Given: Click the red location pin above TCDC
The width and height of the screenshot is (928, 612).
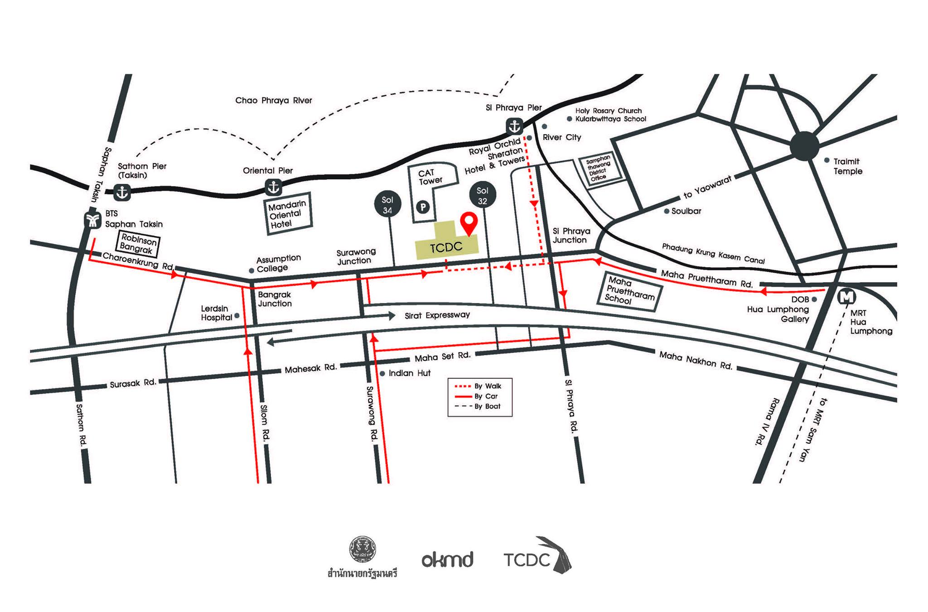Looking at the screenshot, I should [469, 222].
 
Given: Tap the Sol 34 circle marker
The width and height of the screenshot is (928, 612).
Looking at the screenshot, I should [387, 205].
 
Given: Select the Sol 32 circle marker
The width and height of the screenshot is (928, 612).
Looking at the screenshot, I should [483, 196].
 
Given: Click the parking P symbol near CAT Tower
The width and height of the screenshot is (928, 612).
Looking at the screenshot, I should [423, 207].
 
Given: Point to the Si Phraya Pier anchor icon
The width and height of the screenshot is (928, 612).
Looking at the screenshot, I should [514, 126].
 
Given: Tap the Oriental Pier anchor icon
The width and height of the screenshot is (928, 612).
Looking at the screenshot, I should [273, 186].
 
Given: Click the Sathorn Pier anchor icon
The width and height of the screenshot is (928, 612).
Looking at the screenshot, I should [122, 192].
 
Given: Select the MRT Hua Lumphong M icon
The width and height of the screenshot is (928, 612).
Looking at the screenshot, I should [846, 297].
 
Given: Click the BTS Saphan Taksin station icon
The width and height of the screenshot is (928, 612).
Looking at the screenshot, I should [93, 221].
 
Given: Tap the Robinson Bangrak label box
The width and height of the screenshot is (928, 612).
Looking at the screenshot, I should [138, 244].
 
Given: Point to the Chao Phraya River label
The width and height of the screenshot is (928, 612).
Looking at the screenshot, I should [274, 100].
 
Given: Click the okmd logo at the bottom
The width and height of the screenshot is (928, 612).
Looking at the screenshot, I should [447, 560].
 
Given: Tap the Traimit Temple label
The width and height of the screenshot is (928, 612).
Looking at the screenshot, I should [847, 166].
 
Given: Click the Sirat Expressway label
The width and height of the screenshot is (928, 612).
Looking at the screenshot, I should [437, 315].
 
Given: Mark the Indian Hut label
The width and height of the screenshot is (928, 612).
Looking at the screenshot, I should [409, 373].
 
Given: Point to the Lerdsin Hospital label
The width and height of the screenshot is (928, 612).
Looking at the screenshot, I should [216, 313].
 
